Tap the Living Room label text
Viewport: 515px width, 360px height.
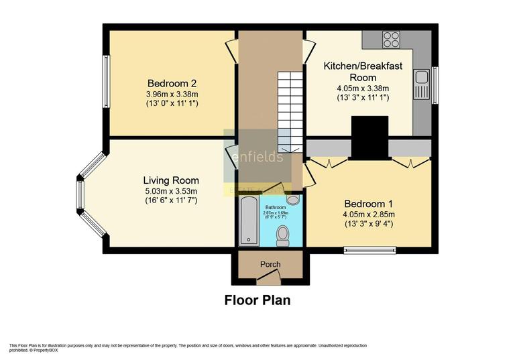point(171,180)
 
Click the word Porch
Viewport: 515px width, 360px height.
point(271,264)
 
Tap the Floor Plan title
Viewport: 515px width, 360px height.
point(257,300)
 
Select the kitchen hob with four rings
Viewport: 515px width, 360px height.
point(391,39)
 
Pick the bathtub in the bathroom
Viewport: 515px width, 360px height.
point(247,221)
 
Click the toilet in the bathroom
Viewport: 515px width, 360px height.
point(283,234)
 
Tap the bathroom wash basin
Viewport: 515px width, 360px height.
point(293,200)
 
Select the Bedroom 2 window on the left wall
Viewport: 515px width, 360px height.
point(105,80)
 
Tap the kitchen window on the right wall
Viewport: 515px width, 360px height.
point(435,86)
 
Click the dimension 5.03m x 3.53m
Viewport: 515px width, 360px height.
point(170,192)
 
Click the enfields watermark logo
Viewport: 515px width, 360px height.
point(257,158)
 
